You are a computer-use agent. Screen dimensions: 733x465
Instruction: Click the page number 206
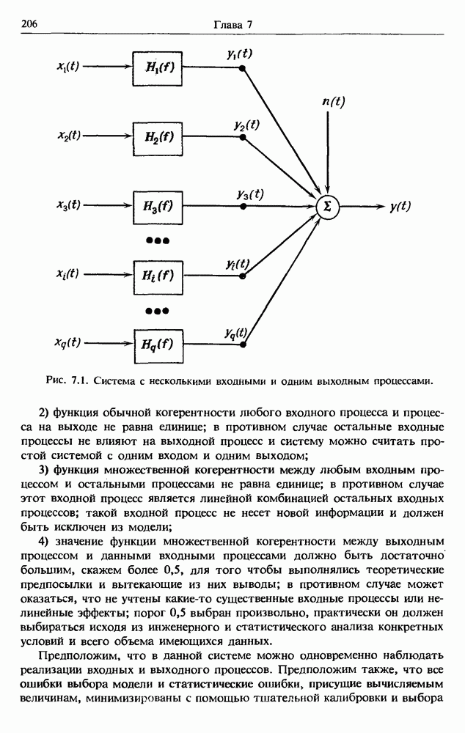[30, 24]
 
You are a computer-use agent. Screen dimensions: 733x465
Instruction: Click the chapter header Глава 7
[232, 24]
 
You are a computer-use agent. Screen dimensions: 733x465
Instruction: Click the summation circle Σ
[327, 207]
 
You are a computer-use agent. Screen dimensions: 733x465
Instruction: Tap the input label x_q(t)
[68, 342]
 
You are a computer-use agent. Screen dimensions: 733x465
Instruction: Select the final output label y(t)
[400, 207]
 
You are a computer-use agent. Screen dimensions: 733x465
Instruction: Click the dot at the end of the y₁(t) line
[244, 69]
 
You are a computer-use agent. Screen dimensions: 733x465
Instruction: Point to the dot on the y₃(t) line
[244, 207]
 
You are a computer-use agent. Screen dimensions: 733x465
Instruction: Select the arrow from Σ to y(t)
[362, 207]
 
